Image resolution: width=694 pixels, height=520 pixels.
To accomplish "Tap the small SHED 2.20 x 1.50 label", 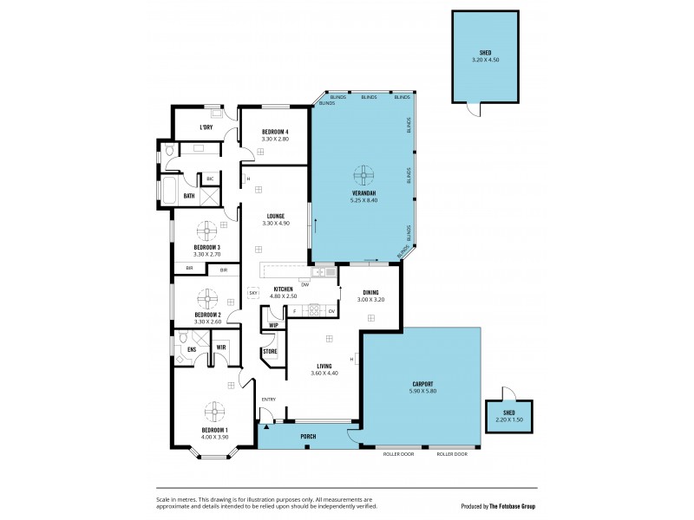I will click(x=509, y=416).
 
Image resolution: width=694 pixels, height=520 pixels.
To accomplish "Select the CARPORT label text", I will click(x=422, y=383).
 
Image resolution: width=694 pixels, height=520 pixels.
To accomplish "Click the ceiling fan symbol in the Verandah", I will click(x=363, y=172).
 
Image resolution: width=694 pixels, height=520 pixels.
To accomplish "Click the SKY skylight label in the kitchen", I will click(x=253, y=293).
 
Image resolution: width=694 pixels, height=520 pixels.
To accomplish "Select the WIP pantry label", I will click(x=273, y=325).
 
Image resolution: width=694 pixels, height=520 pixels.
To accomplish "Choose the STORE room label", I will click(x=271, y=351).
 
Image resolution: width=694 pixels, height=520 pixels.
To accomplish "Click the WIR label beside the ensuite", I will click(x=221, y=347).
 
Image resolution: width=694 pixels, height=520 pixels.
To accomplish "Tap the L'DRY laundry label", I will click(x=206, y=128).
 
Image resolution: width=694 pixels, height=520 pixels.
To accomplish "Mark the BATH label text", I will click(x=188, y=196).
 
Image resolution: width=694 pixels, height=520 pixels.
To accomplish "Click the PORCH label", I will click(x=307, y=436).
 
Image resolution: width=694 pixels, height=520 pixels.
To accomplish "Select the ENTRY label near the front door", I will click(x=269, y=399).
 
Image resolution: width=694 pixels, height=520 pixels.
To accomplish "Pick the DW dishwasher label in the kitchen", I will click(x=304, y=283).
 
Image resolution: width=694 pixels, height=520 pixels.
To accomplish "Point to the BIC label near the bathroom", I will click(x=209, y=179).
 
